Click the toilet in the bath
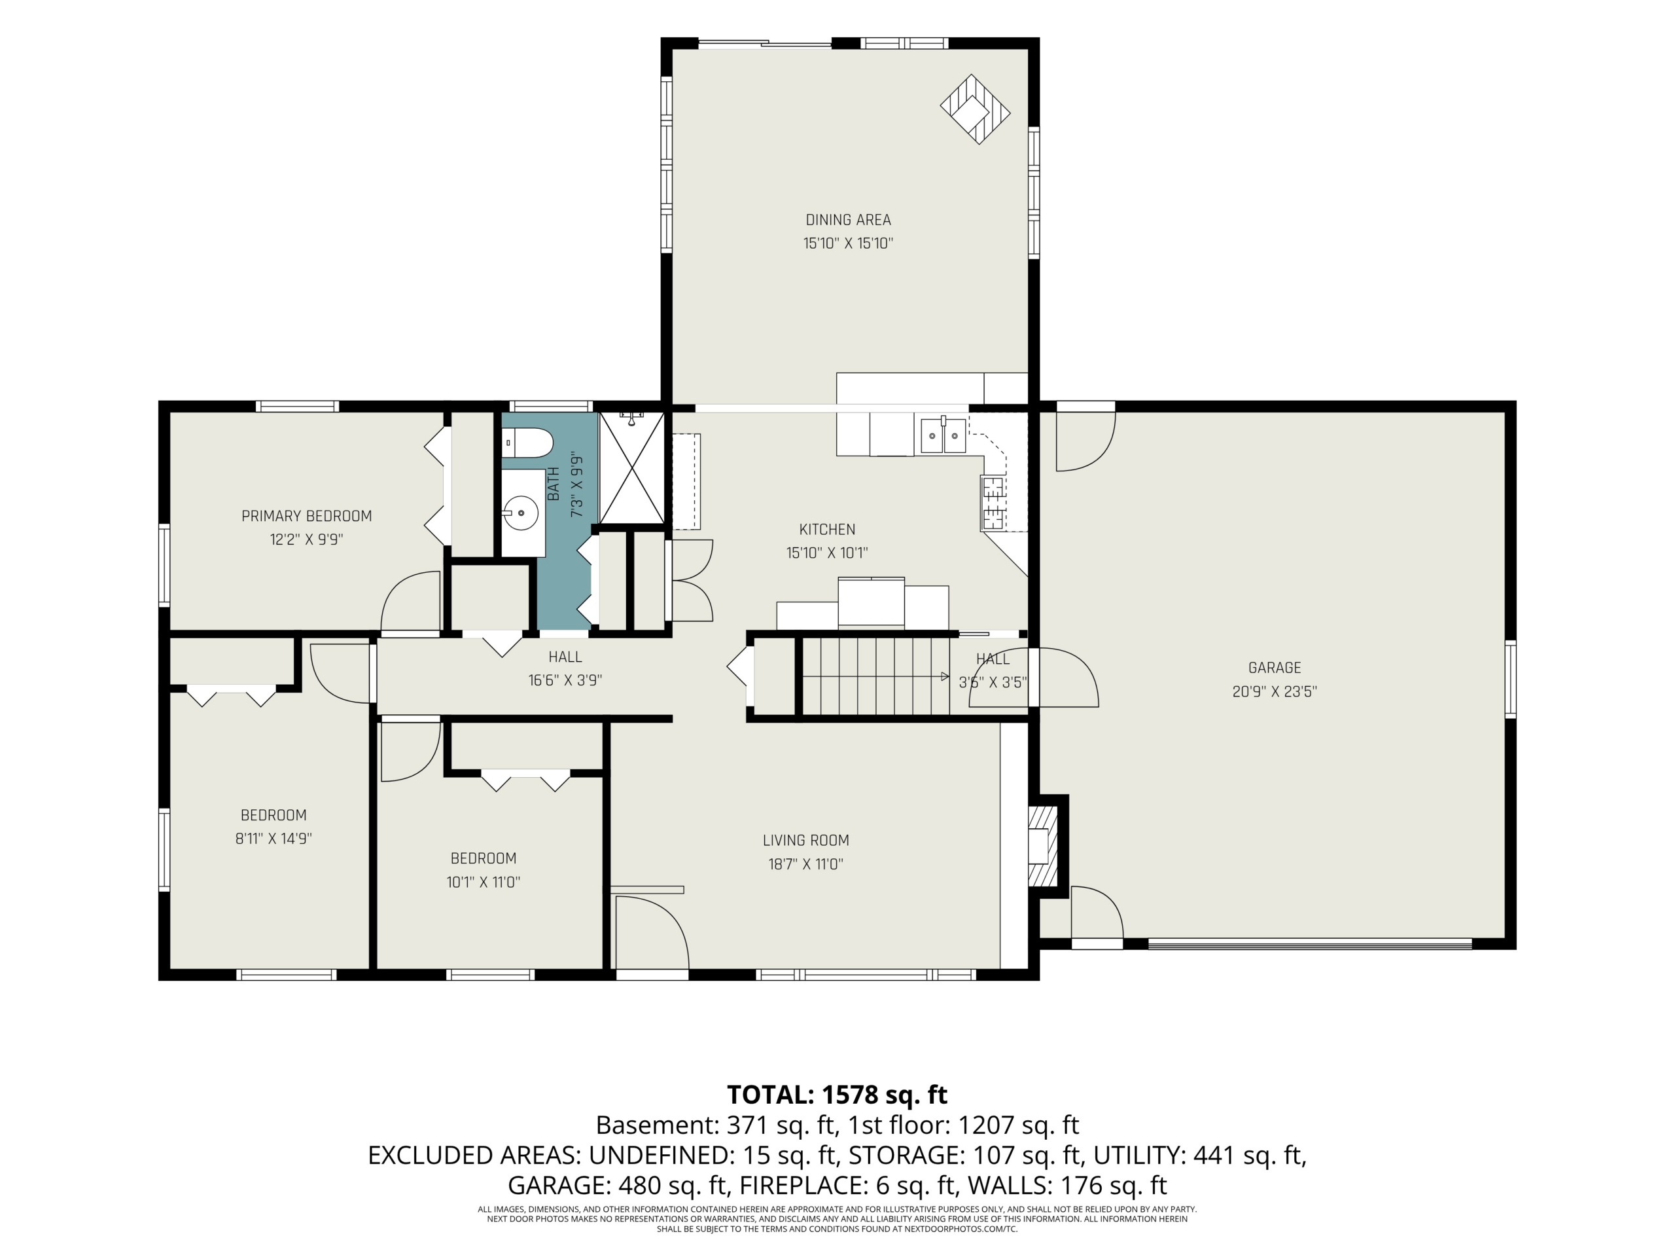coord(528,443)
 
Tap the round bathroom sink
coord(521,513)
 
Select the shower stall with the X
coord(631,467)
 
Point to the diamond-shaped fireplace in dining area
coord(976,109)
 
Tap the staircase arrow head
coord(945,676)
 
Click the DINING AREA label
coord(848,220)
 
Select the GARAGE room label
coord(1275,668)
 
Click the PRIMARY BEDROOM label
coord(307,516)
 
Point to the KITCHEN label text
coord(827,530)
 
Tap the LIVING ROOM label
coord(805,840)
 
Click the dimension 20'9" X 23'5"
coord(1275,691)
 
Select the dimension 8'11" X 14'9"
coord(273,839)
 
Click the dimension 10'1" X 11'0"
coord(483,882)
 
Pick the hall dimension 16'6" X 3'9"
coord(565,680)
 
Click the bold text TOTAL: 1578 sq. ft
coord(837,1095)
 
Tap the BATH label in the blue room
coord(554,483)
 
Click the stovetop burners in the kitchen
coord(992,502)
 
